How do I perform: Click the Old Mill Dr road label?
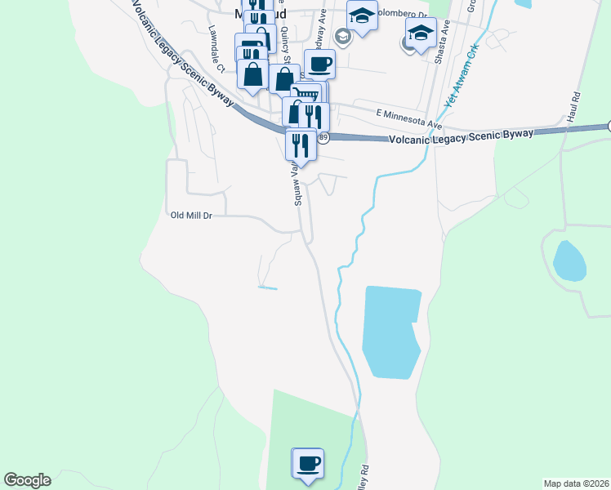click(x=190, y=216)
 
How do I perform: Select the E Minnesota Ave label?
click(x=408, y=119)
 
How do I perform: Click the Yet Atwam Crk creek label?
click(x=459, y=81)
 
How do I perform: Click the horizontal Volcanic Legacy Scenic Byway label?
click(x=462, y=136)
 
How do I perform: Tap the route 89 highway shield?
click(x=323, y=137)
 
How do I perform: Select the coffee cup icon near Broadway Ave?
click(x=320, y=64)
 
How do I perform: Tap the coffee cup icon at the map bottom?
click(x=308, y=463)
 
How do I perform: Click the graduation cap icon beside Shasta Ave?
click(x=421, y=33)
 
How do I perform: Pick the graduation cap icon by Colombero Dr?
click(x=362, y=15)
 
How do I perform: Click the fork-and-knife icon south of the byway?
click(x=300, y=145)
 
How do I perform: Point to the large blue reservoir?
click(x=390, y=332)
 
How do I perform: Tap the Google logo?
click(x=27, y=480)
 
